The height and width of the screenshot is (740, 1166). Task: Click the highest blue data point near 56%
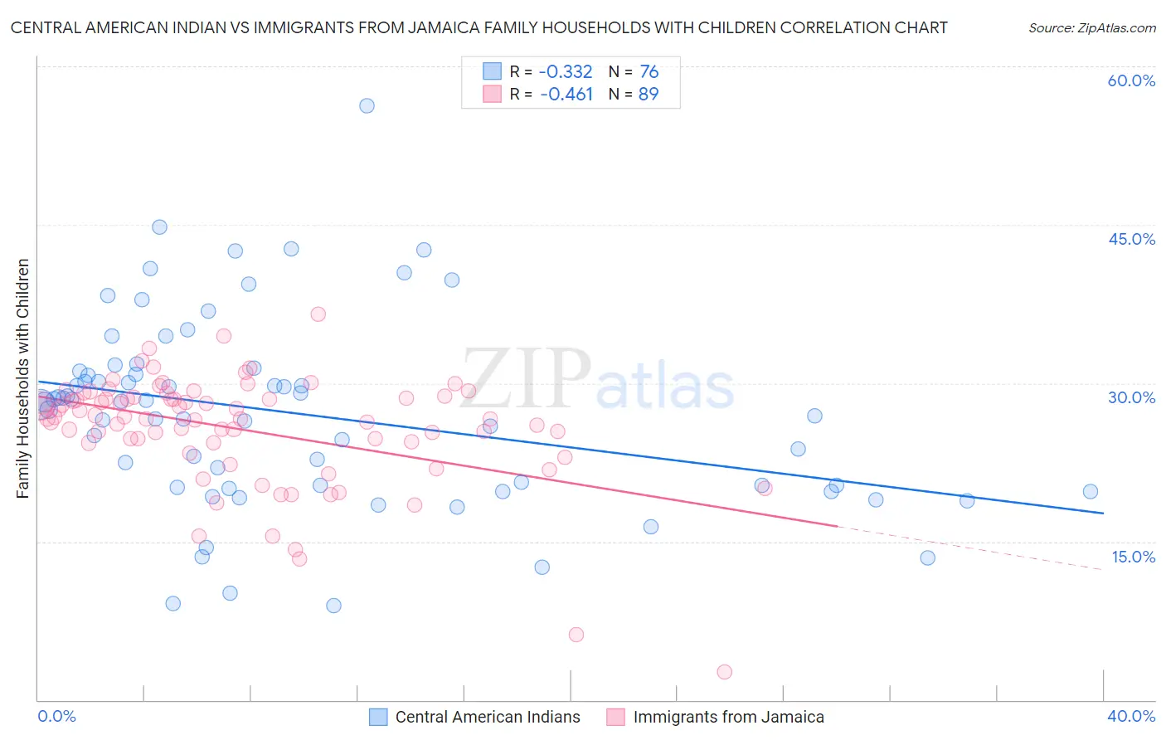click(x=367, y=105)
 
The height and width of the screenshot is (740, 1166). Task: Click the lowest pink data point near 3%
click(x=724, y=672)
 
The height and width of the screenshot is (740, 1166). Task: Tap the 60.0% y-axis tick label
click(x=1131, y=80)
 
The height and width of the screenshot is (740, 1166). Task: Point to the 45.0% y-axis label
click(x=1131, y=239)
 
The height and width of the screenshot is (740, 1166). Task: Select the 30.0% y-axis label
click(x=1131, y=397)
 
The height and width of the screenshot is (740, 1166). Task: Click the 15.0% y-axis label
click(x=1133, y=557)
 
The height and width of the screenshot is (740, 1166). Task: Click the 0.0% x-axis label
click(x=56, y=716)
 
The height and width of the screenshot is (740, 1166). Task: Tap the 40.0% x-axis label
click(x=1131, y=716)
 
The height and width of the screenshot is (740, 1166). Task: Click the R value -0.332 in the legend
click(x=566, y=71)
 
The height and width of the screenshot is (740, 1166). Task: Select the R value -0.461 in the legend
click(x=566, y=94)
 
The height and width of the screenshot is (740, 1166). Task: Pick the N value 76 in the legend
click(x=649, y=71)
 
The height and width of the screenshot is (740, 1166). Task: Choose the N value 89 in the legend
click(x=649, y=94)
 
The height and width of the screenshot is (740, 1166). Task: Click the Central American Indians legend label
click(x=488, y=717)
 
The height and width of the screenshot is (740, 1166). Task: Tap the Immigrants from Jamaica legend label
click(x=728, y=717)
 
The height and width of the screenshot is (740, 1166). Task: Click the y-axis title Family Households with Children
click(x=22, y=378)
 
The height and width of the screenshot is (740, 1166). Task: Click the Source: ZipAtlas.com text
click(x=1091, y=27)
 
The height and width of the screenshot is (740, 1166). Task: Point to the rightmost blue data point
click(x=1091, y=491)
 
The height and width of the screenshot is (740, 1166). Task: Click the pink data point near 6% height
click(x=576, y=635)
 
